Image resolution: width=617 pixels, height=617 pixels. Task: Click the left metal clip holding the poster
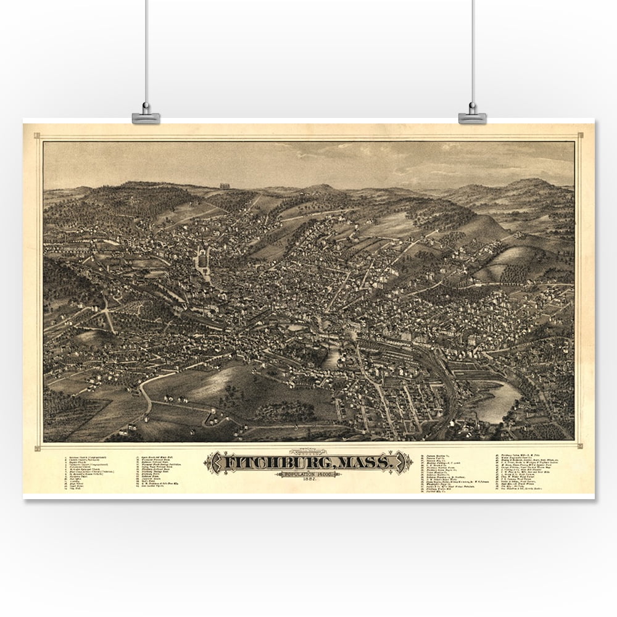(x=146, y=116)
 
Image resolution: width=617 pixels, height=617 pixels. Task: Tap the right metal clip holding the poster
(x=472, y=115)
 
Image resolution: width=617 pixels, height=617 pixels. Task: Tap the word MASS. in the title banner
(x=368, y=462)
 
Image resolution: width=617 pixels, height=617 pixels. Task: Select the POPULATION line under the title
(x=309, y=474)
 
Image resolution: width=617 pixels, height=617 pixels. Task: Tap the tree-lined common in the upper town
(x=202, y=262)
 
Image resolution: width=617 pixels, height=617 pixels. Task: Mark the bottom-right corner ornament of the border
(x=579, y=445)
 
